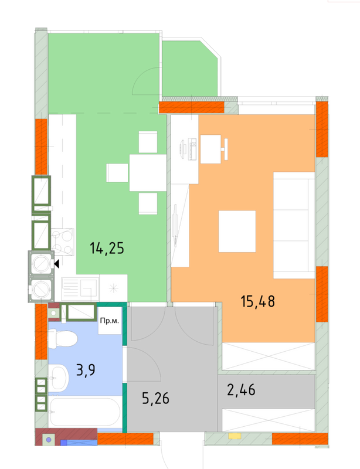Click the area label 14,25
pos(107,248)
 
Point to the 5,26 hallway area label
pos(156,399)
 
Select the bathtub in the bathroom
pos(86,413)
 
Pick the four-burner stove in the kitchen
pos(62,242)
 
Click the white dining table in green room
pos(148,172)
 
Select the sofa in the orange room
pos(293,225)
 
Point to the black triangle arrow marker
pos(56,264)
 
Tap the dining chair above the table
pos(148,141)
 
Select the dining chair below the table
pos(148,203)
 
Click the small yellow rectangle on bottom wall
pos(235,437)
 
